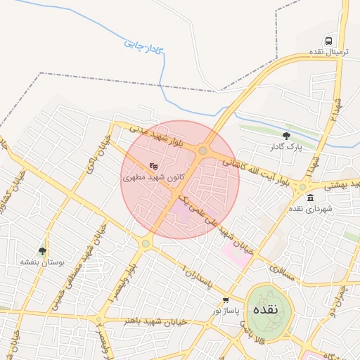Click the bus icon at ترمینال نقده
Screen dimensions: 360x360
(x=328, y=41)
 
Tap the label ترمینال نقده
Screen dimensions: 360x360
(x=328, y=53)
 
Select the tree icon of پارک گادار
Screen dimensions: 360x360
(x=285, y=136)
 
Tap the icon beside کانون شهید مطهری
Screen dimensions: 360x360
(x=153, y=167)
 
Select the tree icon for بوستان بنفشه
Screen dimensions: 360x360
(x=43, y=250)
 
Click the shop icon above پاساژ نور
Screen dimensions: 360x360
(x=225, y=300)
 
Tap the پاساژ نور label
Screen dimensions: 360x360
(x=227, y=310)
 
